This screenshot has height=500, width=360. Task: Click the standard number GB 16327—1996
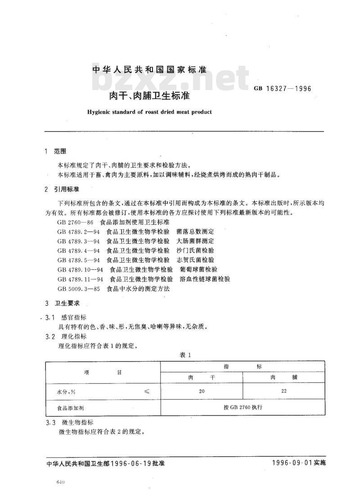click(x=283, y=88)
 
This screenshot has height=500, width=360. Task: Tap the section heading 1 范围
click(x=56, y=151)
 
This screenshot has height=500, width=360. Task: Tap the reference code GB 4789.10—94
click(x=81, y=269)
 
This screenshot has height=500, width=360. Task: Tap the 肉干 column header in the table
click(x=201, y=377)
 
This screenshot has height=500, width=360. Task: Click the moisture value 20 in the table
click(x=201, y=391)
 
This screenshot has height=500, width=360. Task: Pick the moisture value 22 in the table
click(x=283, y=391)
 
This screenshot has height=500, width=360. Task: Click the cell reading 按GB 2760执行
click(x=243, y=406)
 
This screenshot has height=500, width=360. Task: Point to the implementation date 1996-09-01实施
click(x=298, y=463)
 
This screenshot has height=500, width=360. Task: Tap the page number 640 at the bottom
click(x=62, y=482)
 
